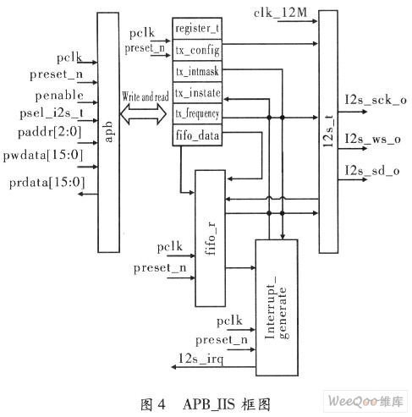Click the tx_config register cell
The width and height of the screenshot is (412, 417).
(x=197, y=50)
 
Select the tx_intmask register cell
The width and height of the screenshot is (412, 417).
(x=197, y=71)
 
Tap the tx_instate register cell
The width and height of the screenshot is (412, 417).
(x=197, y=93)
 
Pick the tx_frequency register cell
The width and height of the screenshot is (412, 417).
(x=197, y=114)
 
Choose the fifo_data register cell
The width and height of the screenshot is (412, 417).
(x=197, y=135)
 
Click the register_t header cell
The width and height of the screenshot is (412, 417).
(x=197, y=29)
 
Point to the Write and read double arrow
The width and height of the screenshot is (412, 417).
(x=143, y=114)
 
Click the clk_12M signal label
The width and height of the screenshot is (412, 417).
(x=280, y=13)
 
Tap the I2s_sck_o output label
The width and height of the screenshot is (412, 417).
(x=376, y=100)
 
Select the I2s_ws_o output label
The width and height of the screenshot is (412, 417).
(x=373, y=139)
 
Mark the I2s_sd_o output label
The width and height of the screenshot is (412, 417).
(x=372, y=171)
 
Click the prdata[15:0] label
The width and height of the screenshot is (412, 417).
(x=47, y=183)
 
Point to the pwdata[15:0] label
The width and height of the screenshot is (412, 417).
(x=43, y=155)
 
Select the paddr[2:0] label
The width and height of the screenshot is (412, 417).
(x=49, y=132)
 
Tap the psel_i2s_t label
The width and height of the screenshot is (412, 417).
(x=52, y=113)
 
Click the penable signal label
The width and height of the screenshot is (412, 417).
(x=59, y=96)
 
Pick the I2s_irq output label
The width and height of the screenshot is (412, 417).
(x=201, y=359)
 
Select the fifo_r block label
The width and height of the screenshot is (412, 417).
(x=211, y=239)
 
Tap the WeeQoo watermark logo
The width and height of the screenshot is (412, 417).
(x=365, y=401)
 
